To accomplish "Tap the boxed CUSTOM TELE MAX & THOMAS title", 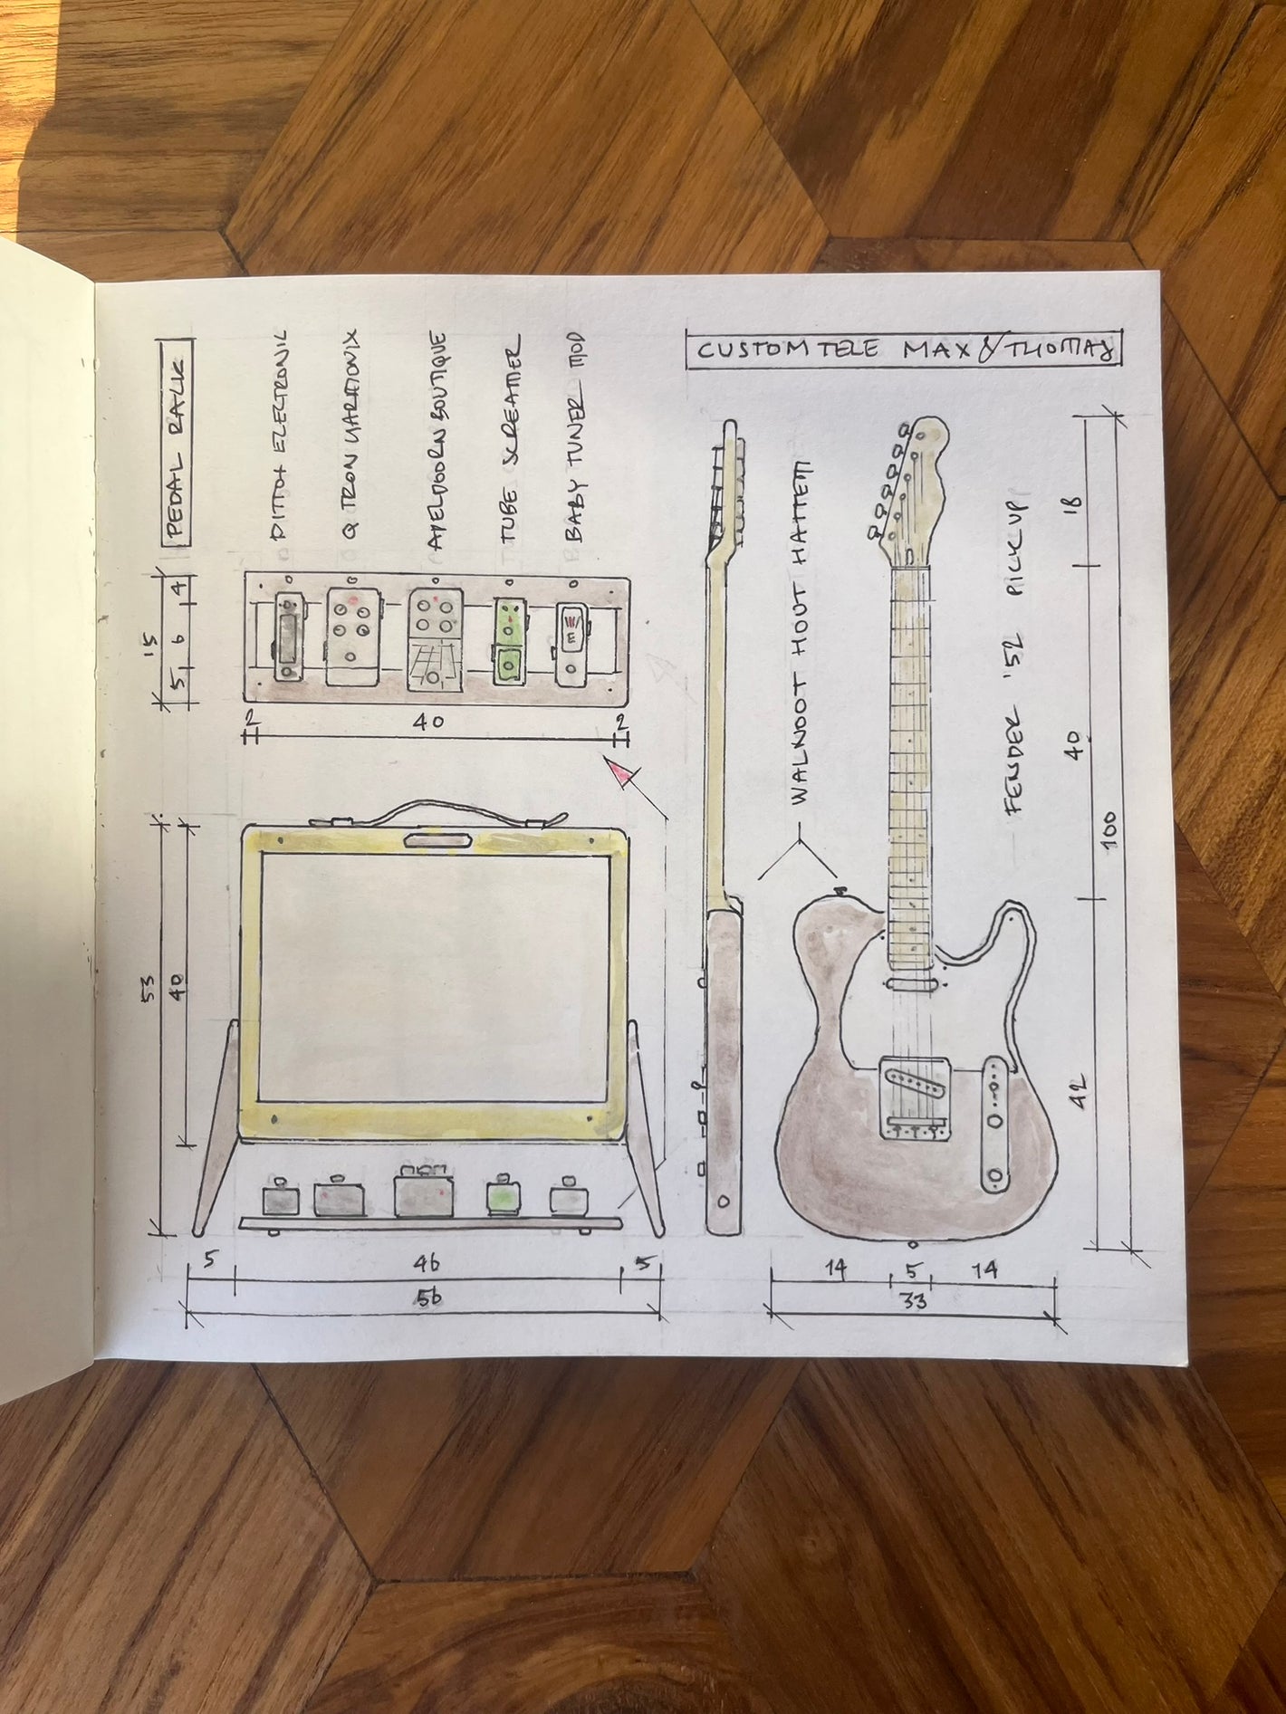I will [904, 350].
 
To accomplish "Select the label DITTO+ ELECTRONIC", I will [282, 435].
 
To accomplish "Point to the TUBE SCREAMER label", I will [510, 441].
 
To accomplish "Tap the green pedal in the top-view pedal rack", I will [508, 639].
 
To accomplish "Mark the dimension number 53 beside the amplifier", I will [152, 987].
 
